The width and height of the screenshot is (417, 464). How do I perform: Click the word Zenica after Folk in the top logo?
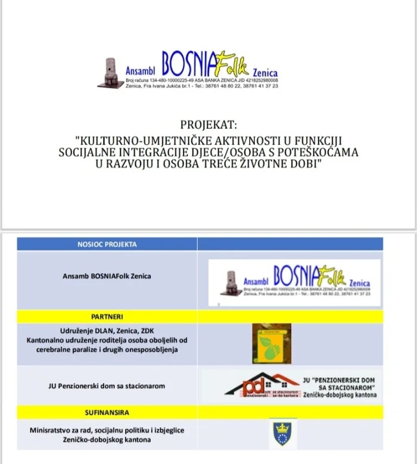coord(265,73)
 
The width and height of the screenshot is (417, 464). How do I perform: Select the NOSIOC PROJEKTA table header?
coord(107,244)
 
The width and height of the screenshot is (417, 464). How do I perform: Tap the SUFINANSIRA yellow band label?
coord(107,412)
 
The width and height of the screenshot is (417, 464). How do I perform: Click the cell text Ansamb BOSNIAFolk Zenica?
coord(107,276)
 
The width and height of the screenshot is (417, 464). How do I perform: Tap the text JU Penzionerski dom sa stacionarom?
coord(107,385)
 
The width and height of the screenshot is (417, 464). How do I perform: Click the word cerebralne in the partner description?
coord(60,349)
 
